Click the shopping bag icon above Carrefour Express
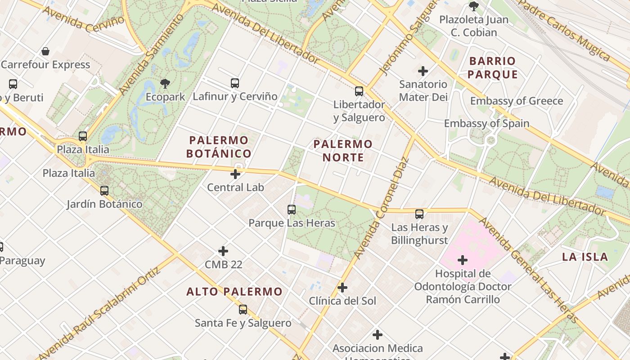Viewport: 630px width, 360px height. click(45, 51)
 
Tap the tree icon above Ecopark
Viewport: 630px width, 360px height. click(165, 83)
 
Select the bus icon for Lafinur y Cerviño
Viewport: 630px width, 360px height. click(235, 83)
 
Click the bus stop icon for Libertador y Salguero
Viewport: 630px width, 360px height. click(359, 91)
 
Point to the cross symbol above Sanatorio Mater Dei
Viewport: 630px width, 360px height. click(423, 71)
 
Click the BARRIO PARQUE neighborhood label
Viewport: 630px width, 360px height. click(492, 67)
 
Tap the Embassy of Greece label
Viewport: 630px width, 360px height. click(517, 101)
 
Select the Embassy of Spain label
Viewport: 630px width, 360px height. click(486, 123)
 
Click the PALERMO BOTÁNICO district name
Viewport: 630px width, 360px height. click(219, 147)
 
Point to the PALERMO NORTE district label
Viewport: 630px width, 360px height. click(343, 151)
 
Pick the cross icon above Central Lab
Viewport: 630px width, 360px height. click(235, 174)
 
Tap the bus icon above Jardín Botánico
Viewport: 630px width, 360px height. click(104, 191)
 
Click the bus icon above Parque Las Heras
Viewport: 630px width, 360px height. click(292, 210)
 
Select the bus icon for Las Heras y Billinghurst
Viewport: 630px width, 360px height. click(419, 214)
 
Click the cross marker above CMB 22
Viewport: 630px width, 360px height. click(223, 251)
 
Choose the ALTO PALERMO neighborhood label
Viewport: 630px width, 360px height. click(234, 292)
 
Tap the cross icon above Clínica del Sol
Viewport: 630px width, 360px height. click(342, 288)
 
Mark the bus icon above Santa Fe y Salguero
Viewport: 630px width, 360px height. click(243, 310)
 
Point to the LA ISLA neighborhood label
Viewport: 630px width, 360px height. click(585, 257)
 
